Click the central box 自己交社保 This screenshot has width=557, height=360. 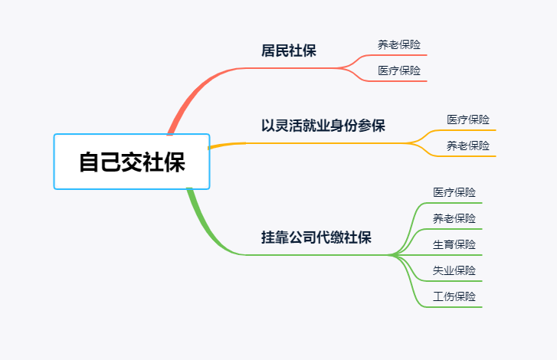coord(132,162)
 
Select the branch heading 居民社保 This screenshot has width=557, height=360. coord(288,51)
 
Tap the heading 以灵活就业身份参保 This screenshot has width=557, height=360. coord(323,126)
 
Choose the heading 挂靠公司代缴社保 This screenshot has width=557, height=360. coord(316,237)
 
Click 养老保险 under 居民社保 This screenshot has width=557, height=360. coord(399,44)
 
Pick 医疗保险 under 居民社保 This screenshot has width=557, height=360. coord(399,70)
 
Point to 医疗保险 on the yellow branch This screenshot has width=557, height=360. coord(468,119)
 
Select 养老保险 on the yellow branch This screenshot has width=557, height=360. coord(468,146)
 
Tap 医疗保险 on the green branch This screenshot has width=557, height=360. coord(454,192)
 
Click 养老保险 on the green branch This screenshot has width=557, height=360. coord(454,218)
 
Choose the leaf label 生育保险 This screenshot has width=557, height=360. coord(454,244)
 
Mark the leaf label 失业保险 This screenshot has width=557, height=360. coord(454,270)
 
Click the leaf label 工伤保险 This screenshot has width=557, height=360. coord(454,296)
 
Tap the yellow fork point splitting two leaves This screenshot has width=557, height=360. coord(407,143)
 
